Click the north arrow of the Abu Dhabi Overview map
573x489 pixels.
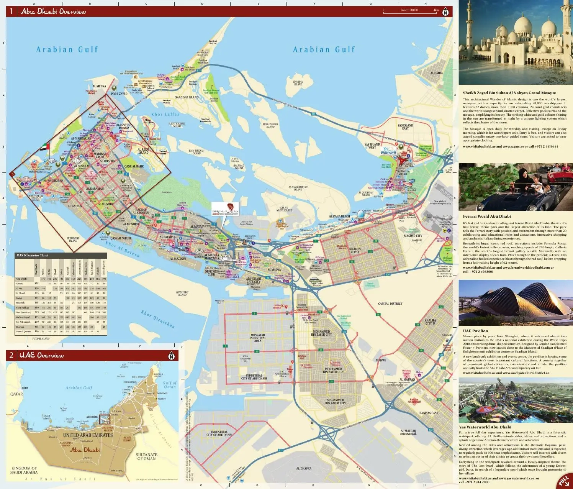[x=445, y=12]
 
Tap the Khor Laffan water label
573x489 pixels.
[x=165, y=114]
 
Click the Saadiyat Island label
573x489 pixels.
[x=187, y=97]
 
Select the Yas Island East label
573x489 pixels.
[x=405, y=127]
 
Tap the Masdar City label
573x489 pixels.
[x=413, y=236]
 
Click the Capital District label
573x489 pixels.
[x=390, y=304]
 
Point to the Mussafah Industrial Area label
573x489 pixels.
[x=257, y=338]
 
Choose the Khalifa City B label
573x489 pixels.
[x=430, y=322]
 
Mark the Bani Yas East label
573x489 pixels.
[x=428, y=413]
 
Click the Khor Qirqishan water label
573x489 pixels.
[x=158, y=319]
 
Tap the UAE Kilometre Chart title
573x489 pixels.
[x=32, y=255]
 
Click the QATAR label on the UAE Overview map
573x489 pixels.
[x=16, y=394]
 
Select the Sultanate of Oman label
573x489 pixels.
[x=146, y=456]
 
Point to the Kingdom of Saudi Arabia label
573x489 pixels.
[x=24, y=470]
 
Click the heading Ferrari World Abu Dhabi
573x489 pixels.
[x=486, y=216]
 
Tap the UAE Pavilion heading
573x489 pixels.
[x=475, y=331]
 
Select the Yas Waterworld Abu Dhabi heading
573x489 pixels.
[x=485, y=427]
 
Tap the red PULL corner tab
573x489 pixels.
[x=564, y=481]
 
